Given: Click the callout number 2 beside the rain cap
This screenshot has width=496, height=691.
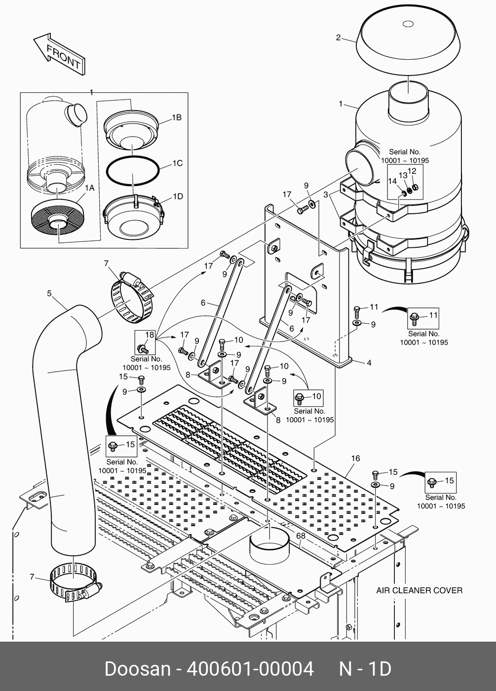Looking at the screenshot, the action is pos(339,38).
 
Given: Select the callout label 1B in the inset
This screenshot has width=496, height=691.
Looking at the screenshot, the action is pos(177,117).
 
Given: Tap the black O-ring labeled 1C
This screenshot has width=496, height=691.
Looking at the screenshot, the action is pos(133,171).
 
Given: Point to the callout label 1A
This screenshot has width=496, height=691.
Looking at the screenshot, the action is pos(89,188).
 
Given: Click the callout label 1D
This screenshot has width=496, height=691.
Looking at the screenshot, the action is pos(178,196).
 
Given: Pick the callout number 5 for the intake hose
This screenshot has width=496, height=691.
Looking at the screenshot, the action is pos(49,293).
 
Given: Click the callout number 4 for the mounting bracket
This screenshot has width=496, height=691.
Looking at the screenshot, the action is pos(369,363).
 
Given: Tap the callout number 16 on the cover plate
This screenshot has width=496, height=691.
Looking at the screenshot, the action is pos(355,459).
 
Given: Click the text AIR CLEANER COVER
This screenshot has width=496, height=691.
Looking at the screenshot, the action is pos(419,590).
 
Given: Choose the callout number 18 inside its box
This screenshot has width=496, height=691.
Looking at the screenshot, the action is pos(150,335).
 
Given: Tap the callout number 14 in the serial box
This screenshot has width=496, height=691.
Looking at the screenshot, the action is pos(392,181).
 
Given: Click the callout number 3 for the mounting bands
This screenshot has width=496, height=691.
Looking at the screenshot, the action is pos(326,194).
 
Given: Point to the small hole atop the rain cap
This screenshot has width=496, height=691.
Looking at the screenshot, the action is pos(408,24).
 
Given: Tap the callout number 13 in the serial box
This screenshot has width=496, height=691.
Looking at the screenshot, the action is pos(403,176).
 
